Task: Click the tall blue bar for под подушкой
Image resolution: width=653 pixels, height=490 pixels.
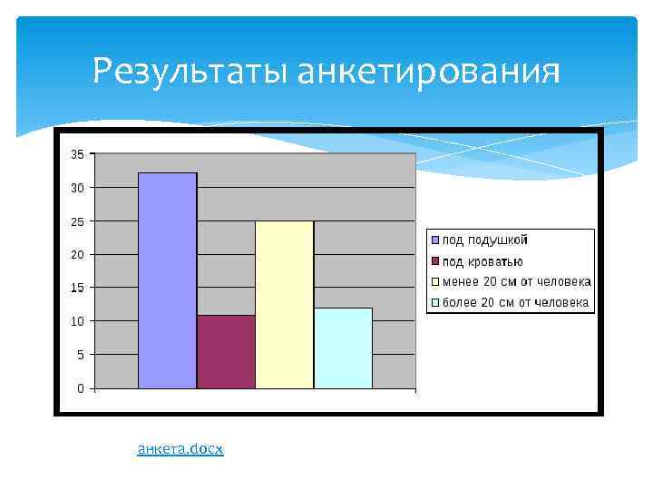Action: (167, 280)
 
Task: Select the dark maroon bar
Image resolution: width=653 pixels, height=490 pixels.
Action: (226, 352)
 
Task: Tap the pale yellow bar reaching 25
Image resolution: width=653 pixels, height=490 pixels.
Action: (284, 305)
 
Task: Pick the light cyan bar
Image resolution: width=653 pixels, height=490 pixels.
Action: (343, 348)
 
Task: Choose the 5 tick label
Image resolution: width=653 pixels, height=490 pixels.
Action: (80, 355)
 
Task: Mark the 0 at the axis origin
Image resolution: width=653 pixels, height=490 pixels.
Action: (80, 388)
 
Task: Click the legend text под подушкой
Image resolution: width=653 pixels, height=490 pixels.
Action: (485, 240)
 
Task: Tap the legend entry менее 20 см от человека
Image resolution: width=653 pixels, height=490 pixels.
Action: (516, 282)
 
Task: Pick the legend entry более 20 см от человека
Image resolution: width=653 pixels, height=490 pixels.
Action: (516, 303)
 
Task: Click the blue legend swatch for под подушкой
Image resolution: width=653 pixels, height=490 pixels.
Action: (435, 240)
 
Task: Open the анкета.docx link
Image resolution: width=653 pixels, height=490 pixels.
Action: (180, 449)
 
